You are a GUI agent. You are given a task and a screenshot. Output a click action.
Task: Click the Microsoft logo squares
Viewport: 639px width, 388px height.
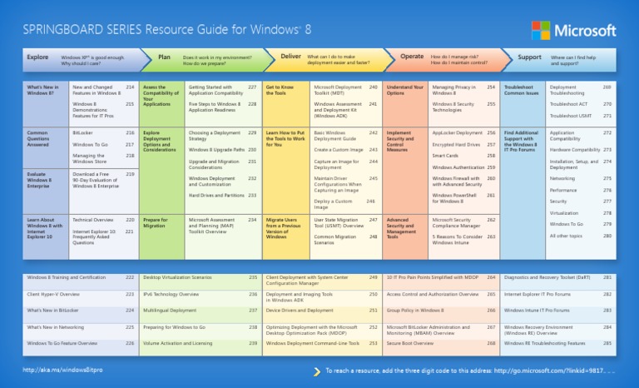click(541, 30)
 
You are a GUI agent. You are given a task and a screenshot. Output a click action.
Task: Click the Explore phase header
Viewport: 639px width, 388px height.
click(37, 57)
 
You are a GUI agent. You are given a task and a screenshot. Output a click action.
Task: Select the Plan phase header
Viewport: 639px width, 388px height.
click(165, 57)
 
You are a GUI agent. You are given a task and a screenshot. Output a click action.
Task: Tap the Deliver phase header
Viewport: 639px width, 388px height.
click(291, 57)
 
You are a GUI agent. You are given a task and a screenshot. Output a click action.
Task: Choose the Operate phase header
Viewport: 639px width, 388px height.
click(412, 57)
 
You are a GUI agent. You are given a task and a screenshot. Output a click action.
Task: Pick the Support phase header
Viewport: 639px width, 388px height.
click(529, 57)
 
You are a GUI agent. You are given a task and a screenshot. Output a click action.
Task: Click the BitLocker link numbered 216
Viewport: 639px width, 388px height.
click(83, 132)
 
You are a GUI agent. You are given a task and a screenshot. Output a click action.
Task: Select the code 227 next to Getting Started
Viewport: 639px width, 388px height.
click(252, 87)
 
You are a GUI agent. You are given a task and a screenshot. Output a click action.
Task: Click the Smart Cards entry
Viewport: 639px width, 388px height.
click(446, 156)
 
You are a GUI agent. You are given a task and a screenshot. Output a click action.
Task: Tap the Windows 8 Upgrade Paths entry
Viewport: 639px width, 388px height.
click(216, 150)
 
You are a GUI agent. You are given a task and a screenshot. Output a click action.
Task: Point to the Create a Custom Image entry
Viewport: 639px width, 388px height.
click(338, 150)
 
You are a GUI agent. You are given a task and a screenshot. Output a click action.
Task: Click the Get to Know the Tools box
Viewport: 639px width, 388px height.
click(280, 90)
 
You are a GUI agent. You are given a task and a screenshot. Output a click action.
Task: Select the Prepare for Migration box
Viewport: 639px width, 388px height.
click(156, 223)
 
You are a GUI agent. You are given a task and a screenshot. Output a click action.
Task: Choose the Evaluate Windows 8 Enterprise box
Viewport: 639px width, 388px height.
click(42, 178)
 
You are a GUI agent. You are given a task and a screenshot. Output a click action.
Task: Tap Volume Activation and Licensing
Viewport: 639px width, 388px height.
click(177, 343)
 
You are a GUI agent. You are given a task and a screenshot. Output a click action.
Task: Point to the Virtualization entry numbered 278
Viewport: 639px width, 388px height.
click(564, 212)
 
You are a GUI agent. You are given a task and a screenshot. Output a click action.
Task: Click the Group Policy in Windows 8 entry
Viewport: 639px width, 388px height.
click(416, 310)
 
